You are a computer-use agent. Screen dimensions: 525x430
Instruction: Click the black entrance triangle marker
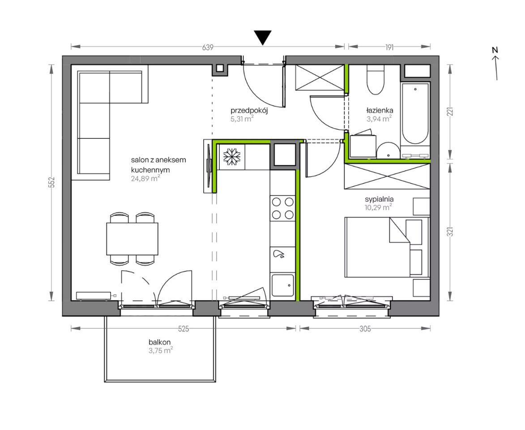pos(262,37)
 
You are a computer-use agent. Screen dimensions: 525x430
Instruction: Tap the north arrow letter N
pos(495,50)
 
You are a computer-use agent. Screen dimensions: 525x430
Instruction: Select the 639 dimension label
pos(208,47)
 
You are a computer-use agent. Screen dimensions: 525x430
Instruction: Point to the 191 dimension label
pos(389,47)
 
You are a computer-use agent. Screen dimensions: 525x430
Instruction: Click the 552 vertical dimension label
pos(51,183)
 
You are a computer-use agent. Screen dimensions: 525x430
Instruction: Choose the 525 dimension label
pos(184,329)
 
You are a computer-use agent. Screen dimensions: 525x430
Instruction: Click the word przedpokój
pos(249,111)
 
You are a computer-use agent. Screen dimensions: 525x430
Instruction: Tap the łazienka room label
pos(380,110)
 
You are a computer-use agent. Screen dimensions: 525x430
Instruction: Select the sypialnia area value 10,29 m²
pos(378,207)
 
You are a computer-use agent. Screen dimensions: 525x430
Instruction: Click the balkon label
pos(160,342)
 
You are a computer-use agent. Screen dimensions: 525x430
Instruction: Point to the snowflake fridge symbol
pos(230,157)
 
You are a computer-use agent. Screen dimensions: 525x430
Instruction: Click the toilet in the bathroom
pos(376,80)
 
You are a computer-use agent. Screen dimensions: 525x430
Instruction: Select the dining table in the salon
pos(132,239)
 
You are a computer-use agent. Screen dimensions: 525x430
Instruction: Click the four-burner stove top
pos(282,208)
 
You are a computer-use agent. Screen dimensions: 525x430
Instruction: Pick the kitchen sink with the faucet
pos(282,285)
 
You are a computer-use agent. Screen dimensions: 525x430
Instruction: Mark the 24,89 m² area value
pos(145,179)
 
